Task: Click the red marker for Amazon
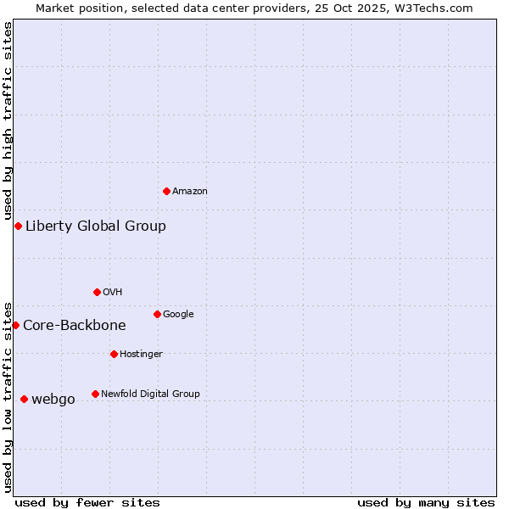coord(166,191)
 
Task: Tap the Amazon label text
coord(190,192)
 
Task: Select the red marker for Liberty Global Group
coord(18,226)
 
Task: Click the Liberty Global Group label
coord(96,226)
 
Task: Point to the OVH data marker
coord(97,292)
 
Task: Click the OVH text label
coord(113,293)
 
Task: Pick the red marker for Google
coord(157,314)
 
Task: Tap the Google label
coord(178,315)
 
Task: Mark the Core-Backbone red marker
coord(15,325)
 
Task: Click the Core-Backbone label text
coord(75,325)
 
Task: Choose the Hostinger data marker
coord(114,354)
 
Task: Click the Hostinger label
coord(141,355)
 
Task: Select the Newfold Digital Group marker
coord(95,394)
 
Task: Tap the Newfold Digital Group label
coord(150,394)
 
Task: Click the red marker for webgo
coord(24,399)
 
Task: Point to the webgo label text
coord(53,400)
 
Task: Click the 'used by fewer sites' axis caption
coord(87,502)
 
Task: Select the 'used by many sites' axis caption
coord(426,502)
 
